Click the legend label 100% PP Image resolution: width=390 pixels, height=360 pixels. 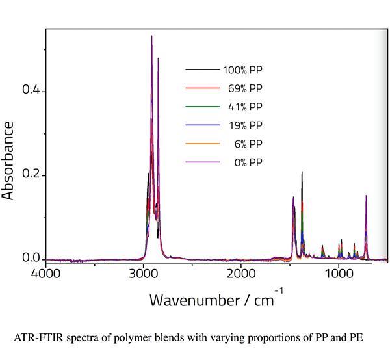click(242, 70)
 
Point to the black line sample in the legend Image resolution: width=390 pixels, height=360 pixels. click(198, 70)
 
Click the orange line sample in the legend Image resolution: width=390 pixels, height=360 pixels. click(198, 144)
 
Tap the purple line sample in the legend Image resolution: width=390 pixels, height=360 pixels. click(198, 162)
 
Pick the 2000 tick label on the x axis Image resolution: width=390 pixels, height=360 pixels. click(241, 274)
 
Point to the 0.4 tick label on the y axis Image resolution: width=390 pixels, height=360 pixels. click(31, 90)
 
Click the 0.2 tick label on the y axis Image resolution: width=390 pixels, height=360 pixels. click(31, 175)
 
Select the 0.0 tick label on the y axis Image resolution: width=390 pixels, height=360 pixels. click(31, 259)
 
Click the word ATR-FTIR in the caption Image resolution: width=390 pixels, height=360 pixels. click(36, 337)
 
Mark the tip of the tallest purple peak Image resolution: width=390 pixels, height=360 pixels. click(151, 36)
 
